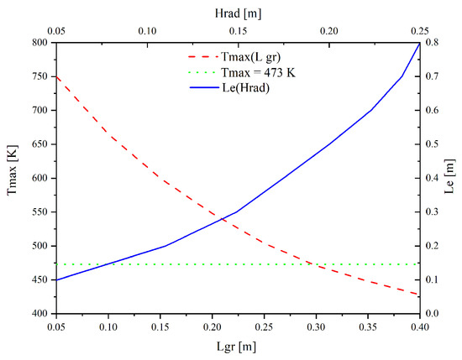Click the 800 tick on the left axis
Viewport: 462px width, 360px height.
(39, 42)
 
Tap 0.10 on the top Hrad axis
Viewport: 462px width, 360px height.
(147, 30)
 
